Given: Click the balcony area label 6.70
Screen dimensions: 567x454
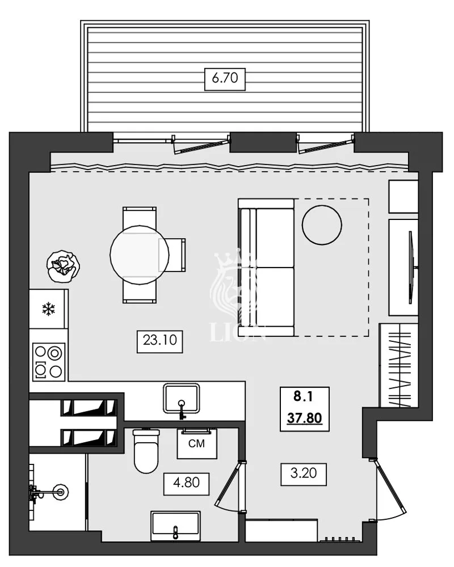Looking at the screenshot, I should tap(225, 79).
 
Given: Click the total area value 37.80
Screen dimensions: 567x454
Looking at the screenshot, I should tap(305, 418).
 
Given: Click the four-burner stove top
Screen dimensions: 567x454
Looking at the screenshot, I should tap(48, 362).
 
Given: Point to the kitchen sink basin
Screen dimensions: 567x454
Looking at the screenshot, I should tap(182, 398).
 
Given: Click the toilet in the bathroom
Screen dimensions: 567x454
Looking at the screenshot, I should tap(146, 451).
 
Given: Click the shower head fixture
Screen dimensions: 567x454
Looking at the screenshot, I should tap(57, 489).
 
